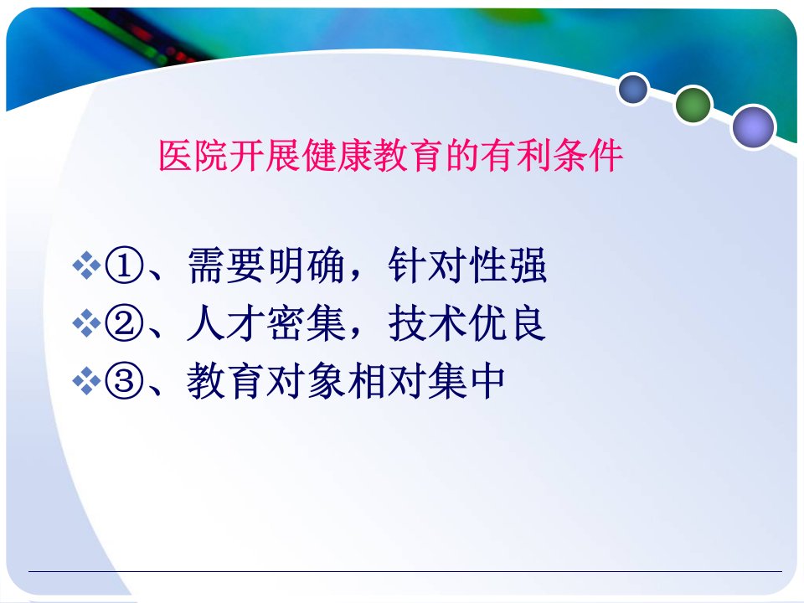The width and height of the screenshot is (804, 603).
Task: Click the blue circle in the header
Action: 634,90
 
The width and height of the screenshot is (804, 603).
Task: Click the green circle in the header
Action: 693,106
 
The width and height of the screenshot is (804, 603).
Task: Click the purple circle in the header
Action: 753,126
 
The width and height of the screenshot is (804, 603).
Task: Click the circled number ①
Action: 124,266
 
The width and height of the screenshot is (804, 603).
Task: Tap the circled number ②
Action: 124,323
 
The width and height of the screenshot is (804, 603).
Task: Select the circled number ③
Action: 124,382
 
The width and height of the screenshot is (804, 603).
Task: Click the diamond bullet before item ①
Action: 86,265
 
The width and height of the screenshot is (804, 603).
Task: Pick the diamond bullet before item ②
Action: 86,323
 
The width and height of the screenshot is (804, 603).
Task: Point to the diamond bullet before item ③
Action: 86,381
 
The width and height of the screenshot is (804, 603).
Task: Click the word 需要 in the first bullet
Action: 226,265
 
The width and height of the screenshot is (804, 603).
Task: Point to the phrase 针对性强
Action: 467,265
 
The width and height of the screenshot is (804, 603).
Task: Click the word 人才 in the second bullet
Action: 226,323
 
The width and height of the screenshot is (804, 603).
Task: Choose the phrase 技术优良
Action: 467,323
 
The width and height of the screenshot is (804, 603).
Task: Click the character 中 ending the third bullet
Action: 487,381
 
